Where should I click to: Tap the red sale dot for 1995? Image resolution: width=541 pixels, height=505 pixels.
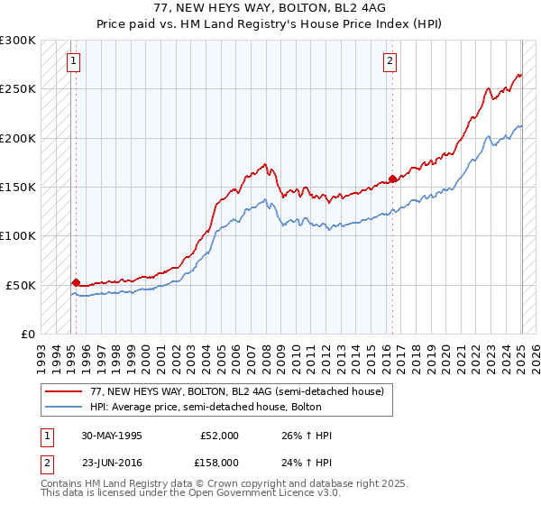pos(76,282)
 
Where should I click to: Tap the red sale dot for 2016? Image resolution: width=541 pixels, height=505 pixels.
pos(392,179)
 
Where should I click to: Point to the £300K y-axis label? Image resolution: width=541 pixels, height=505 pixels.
pos(18,41)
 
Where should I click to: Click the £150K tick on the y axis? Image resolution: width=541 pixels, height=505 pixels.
pos(18,187)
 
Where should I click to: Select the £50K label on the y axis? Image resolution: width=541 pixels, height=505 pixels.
pos(22,284)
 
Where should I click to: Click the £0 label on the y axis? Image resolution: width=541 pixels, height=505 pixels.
pos(27,334)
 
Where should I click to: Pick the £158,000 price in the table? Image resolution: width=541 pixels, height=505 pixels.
pos(219,463)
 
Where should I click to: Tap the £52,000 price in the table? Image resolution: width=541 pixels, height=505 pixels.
pos(219,436)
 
